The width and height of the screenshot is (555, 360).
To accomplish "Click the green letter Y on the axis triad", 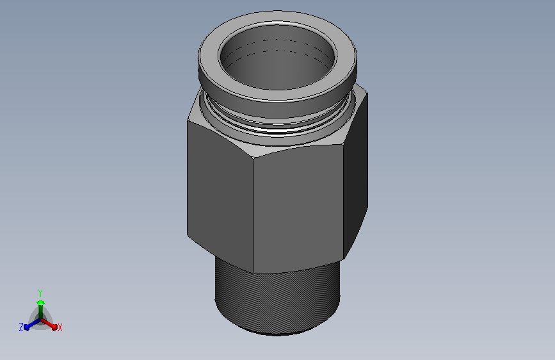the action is point(40,293).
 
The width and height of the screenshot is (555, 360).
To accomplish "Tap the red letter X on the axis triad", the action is point(60,327).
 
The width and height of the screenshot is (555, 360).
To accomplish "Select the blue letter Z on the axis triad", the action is point(21,327).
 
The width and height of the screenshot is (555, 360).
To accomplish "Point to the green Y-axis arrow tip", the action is point(41,302).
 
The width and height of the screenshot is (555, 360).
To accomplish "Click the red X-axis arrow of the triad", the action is point(49,324).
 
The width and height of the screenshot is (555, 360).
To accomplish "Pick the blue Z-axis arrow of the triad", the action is point(33,324).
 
